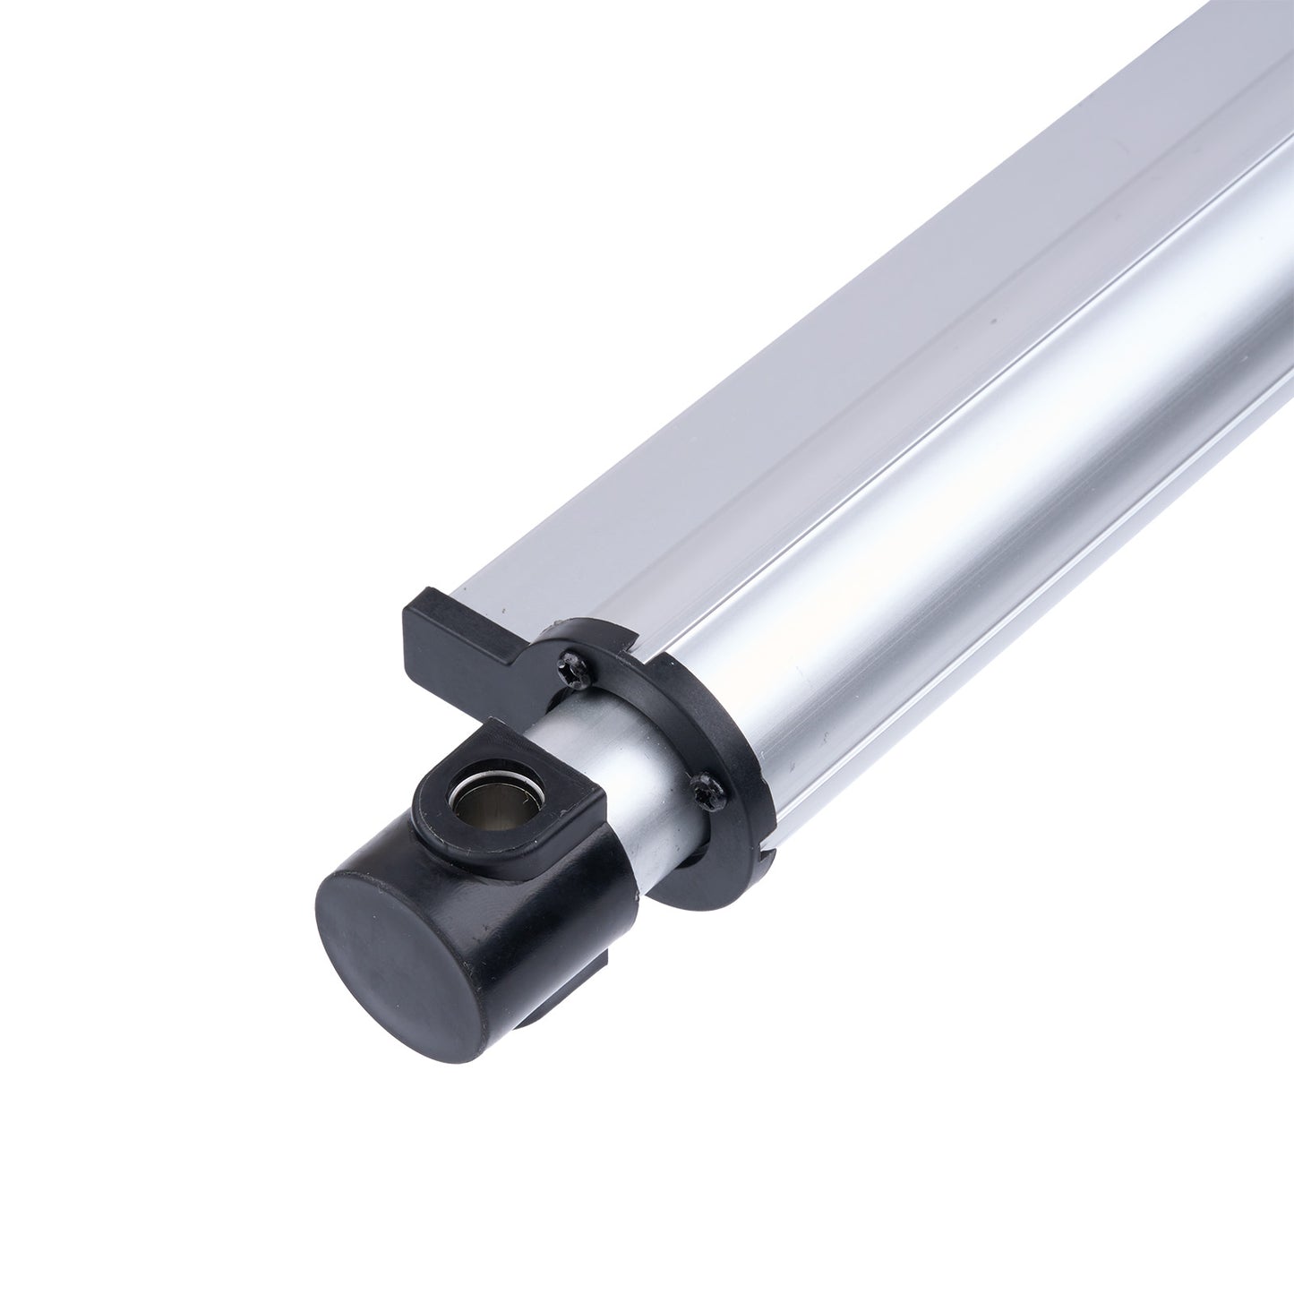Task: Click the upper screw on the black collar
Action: (x=568, y=660)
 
